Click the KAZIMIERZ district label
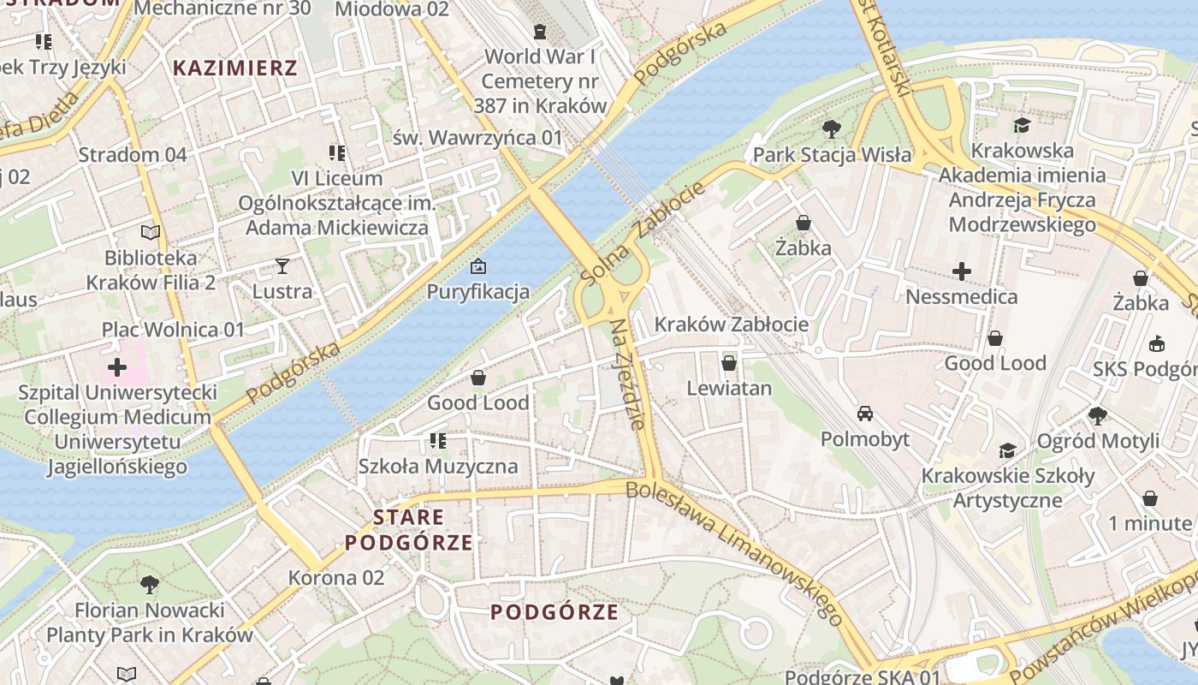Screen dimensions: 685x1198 tap(235, 68)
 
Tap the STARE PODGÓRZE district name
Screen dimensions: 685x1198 tap(409, 530)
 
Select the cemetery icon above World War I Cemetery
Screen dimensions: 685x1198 tap(540, 32)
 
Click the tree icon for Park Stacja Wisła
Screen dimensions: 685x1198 tap(830, 129)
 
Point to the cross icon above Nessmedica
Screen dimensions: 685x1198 tap(961, 271)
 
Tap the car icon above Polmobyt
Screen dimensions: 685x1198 tap(865, 414)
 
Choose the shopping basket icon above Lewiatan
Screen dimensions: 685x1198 tap(729, 363)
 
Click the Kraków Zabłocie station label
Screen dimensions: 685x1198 tap(731, 324)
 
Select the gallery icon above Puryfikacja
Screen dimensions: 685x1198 tap(478, 266)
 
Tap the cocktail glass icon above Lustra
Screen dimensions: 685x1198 tap(282, 266)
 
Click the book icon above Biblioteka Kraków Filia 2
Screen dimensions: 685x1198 tap(151, 232)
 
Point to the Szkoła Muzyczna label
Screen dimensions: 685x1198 tap(438, 467)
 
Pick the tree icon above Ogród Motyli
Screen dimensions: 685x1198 tap(1098, 416)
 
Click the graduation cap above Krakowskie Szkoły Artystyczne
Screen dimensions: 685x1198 tap(1007, 450)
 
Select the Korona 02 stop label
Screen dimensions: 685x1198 tap(335, 578)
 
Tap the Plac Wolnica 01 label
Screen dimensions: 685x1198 tap(173, 330)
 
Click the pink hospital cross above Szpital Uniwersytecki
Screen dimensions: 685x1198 tap(117, 368)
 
